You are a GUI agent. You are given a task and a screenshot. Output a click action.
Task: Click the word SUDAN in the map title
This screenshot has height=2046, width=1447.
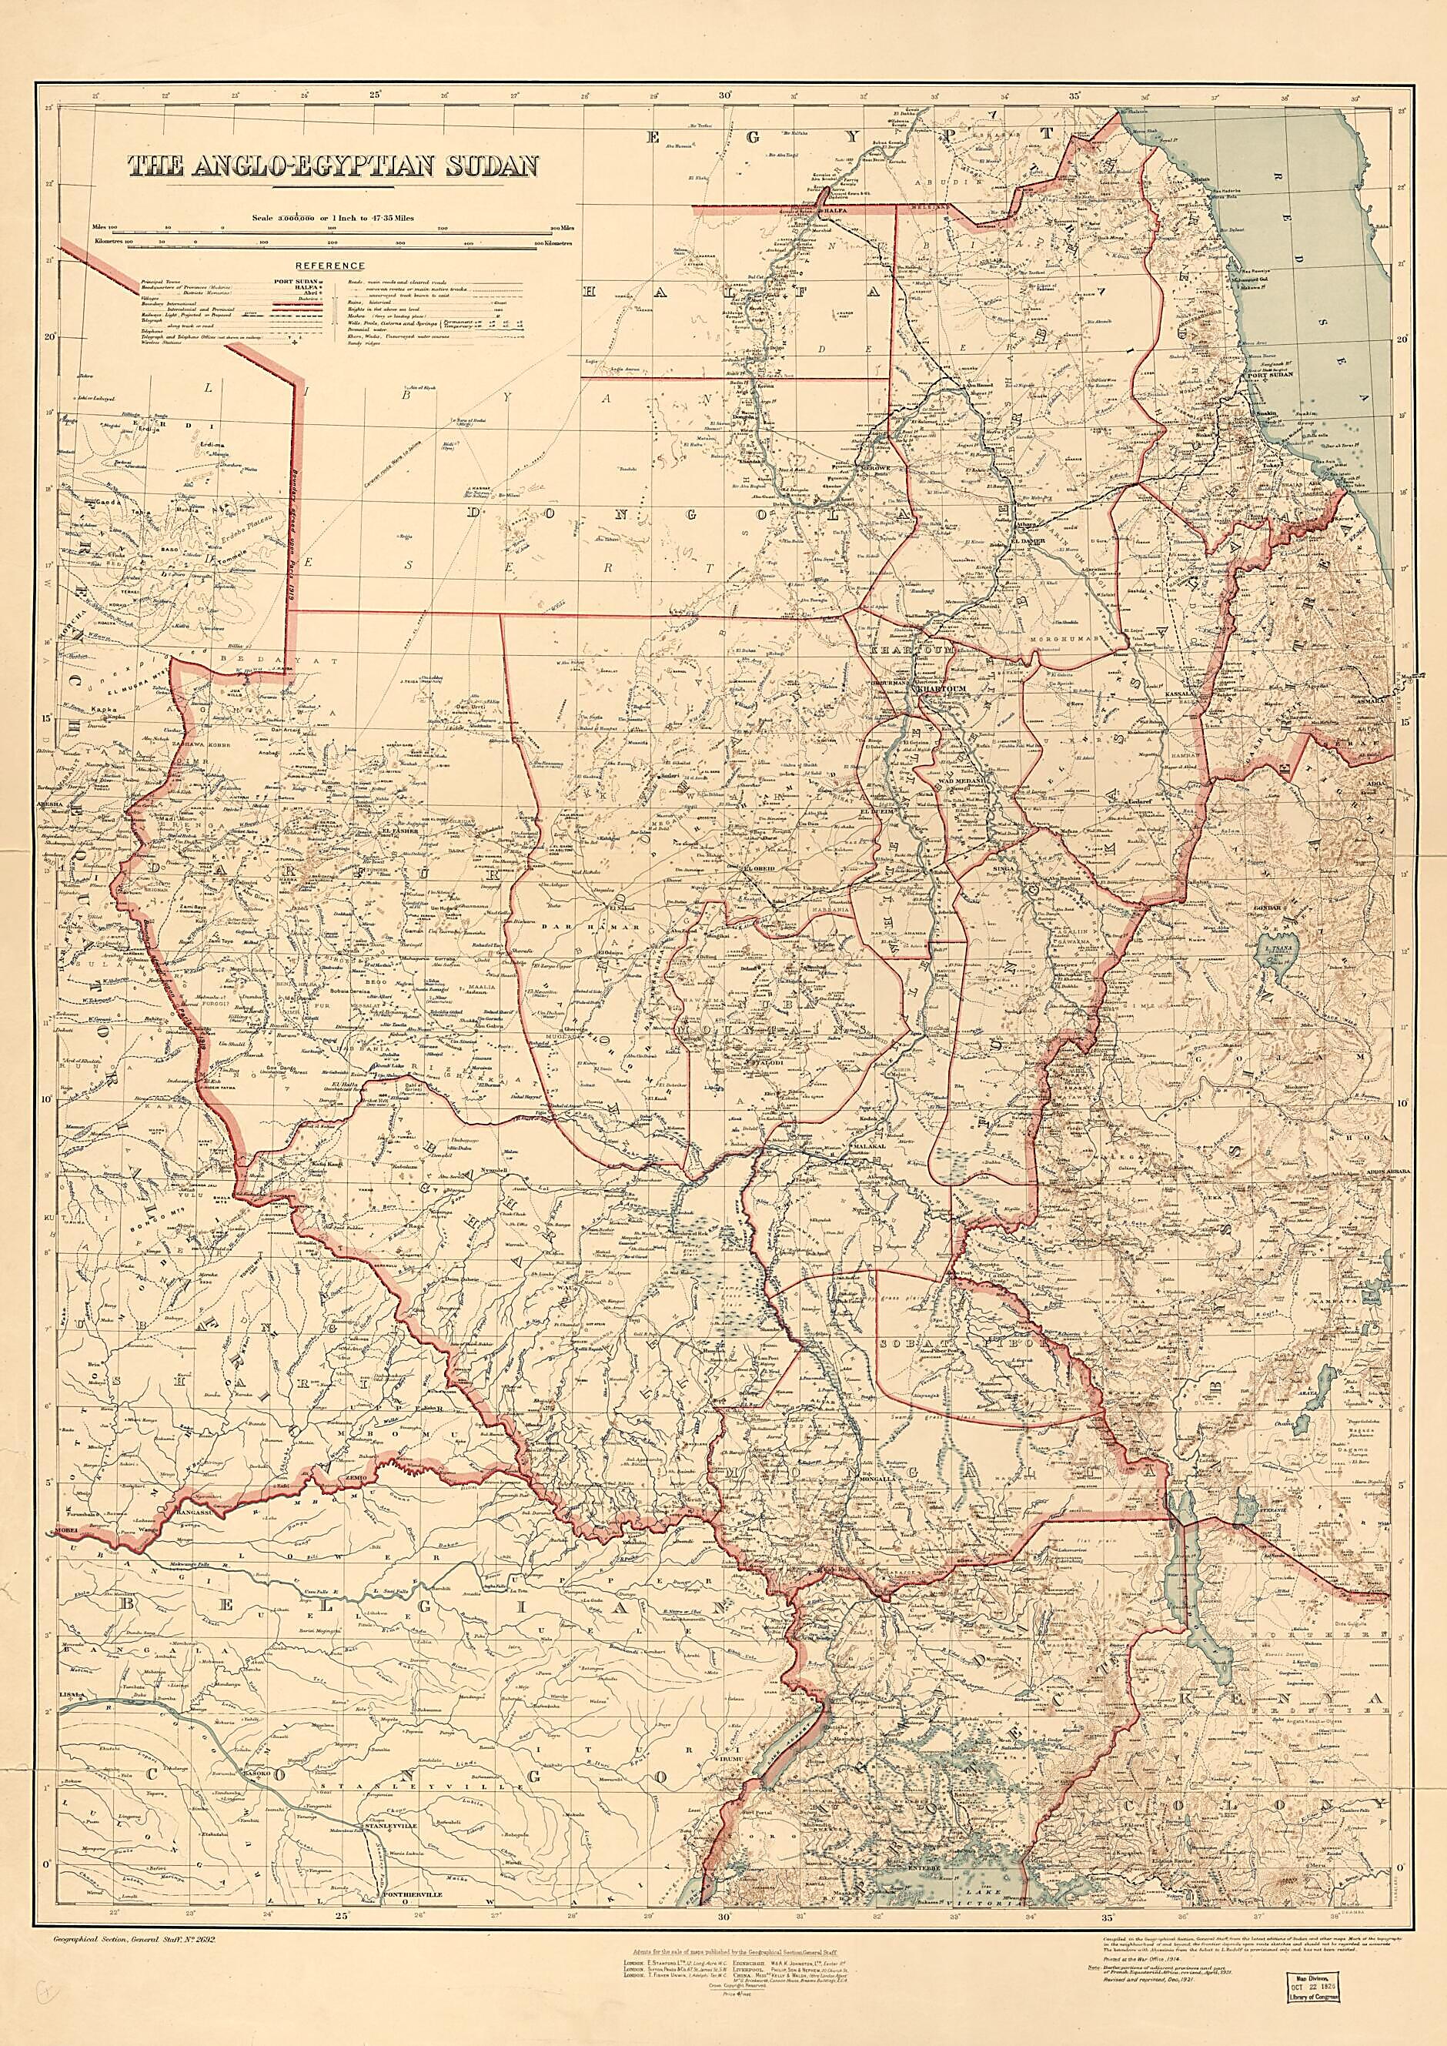482,166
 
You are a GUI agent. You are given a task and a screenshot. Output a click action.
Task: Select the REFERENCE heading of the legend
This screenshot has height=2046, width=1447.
329,266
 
